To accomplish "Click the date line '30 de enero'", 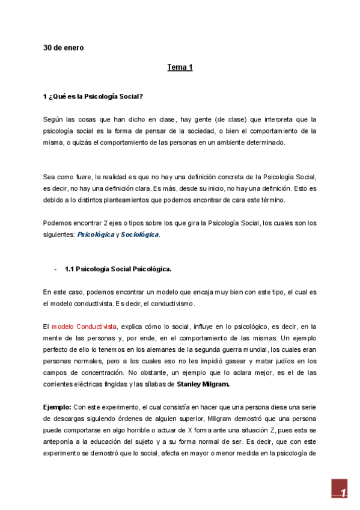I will [x=63, y=48].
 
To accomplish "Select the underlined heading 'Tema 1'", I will [x=180, y=67].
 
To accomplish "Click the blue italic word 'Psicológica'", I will [x=96, y=235].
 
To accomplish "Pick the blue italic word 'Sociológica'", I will [x=139, y=235].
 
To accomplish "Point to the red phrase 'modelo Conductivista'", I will [x=84, y=326].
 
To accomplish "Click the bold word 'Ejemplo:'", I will [x=58, y=406].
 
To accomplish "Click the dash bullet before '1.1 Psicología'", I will [x=55, y=269].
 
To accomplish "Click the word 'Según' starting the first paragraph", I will [x=53, y=120].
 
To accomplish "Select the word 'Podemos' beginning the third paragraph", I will [x=58, y=223].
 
